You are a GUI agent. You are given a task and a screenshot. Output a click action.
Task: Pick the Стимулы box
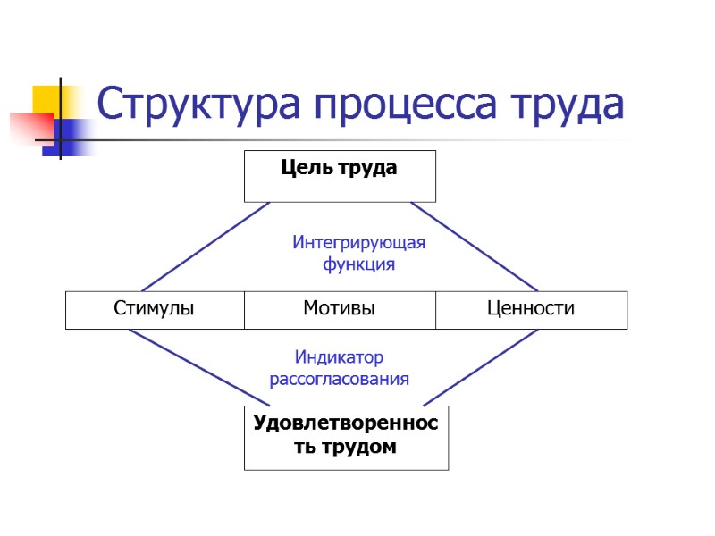pos(154,309)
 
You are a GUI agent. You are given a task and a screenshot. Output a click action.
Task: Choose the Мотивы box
pos(339,309)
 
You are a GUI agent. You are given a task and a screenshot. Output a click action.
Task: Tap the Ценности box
pos(531,309)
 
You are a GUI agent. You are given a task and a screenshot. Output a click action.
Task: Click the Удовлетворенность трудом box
pos(346,438)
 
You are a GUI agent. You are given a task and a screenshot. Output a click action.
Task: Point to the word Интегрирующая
pos(359,242)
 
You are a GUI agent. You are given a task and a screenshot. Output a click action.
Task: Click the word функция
pos(358,264)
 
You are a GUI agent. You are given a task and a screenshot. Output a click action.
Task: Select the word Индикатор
pos(339,357)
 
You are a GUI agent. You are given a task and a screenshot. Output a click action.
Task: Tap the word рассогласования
pos(340,379)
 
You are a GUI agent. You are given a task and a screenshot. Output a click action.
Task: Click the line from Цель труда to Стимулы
pos(198,247)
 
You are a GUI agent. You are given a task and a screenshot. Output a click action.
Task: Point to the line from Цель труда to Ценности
pos(475,247)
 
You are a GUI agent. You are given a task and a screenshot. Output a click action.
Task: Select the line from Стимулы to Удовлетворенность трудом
pos(198,367)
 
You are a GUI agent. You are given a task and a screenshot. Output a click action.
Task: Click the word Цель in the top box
pos(299,167)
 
